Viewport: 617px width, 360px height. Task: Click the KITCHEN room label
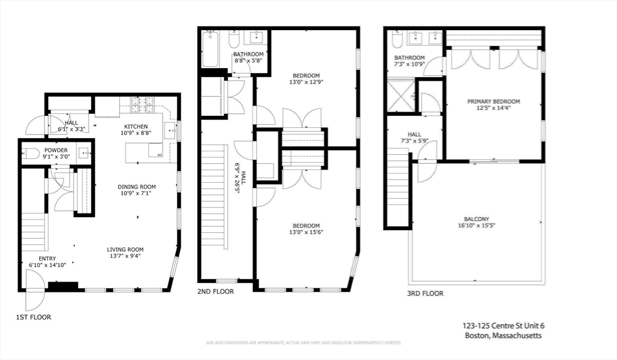[136, 125]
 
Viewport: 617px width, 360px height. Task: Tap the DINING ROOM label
[137, 187]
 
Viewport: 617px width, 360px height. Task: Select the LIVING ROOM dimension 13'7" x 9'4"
[125, 256]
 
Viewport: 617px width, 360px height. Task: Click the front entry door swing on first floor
[34, 282]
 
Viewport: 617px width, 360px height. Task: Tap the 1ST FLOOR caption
[33, 317]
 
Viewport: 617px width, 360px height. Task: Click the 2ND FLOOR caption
[215, 292]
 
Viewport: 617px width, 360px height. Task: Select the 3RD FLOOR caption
[425, 294]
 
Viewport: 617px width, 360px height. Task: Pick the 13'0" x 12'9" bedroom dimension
[306, 83]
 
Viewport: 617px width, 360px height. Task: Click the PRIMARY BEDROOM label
[493, 101]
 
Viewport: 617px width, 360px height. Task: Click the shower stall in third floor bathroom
[401, 96]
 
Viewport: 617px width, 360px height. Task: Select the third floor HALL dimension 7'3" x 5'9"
[414, 142]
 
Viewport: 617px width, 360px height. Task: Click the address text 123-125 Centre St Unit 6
[504, 326]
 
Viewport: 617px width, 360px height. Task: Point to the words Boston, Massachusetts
[504, 335]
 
